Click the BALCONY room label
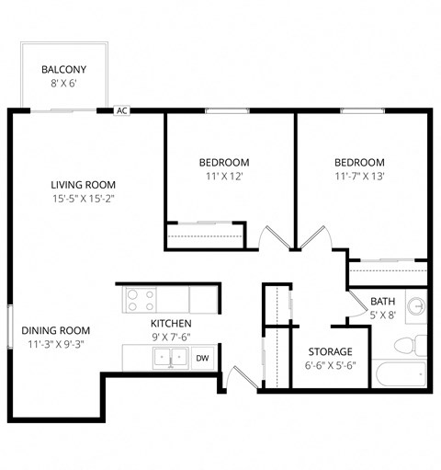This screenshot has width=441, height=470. pos(63,69)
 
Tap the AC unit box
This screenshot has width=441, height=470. pos(121,110)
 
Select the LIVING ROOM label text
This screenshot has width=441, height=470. pos(83,184)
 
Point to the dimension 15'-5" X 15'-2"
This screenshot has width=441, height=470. pos(83,198)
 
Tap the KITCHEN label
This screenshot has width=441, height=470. pos(171,324)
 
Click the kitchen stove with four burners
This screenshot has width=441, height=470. pos(140,300)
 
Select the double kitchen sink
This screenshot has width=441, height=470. pos(168,357)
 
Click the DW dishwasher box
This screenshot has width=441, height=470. pos(202,358)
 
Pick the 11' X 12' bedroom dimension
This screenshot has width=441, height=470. pos(223,177)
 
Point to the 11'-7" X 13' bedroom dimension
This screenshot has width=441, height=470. pos(358,177)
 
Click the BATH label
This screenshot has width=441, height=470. pos(383,302)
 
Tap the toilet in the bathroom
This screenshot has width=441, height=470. pos(407,346)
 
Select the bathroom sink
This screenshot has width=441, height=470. pos(417,304)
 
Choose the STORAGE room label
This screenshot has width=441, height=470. pos(330,351)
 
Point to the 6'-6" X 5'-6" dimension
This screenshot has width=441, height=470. pos(330,365)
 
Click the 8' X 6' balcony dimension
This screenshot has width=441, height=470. pos(63,84)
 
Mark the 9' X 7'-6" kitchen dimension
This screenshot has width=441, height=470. pos(171,338)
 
